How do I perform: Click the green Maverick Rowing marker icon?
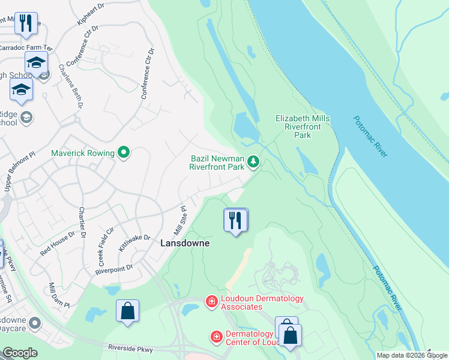(124, 153)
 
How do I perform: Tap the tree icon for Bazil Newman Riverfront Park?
(254, 161)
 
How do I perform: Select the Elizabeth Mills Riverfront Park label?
(303, 127)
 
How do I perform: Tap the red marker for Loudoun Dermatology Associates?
(211, 301)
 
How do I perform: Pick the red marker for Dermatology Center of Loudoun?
(215, 338)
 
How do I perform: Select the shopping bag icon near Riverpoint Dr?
(127, 311)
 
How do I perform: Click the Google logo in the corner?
(20, 353)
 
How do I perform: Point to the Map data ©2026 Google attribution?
(412, 355)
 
